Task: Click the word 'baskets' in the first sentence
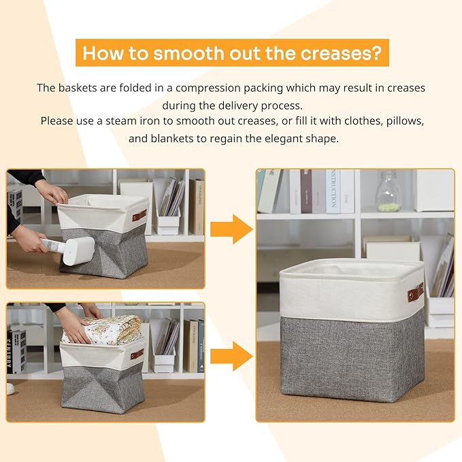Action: click(x=77, y=88)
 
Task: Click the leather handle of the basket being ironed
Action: click(x=139, y=216)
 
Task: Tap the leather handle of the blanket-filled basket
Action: click(x=137, y=354)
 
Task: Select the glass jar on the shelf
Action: click(x=387, y=191)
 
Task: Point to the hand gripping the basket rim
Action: click(x=53, y=193)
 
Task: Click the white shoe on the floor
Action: click(x=10, y=389)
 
